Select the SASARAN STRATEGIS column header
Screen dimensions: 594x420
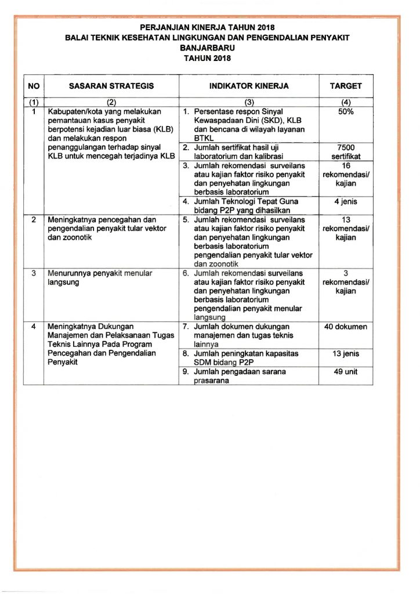(x=111, y=86)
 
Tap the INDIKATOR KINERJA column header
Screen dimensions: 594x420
(x=249, y=86)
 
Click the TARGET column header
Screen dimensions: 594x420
(x=346, y=86)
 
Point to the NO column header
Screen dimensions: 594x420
(x=34, y=86)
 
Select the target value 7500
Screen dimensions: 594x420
(x=346, y=148)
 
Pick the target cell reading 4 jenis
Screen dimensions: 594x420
(x=346, y=202)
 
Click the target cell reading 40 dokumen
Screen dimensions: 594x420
(x=346, y=327)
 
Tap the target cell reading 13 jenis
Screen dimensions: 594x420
(x=346, y=354)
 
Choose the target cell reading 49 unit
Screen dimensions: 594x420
(x=346, y=372)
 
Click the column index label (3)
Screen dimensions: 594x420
(x=249, y=103)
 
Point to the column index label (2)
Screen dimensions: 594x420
(x=111, y=103)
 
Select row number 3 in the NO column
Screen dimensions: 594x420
(x=34, y=273)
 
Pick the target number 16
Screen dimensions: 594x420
(x=346, y=166)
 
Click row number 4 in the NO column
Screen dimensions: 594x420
(x=34, y=327)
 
